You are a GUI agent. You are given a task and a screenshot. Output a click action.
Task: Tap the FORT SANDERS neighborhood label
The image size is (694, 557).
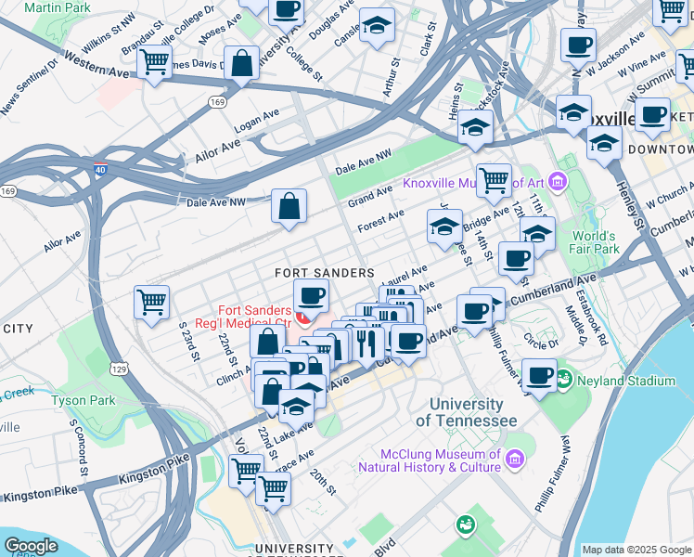[324, 273]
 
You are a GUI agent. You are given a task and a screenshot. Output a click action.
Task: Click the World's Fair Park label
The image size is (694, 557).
[594, 242]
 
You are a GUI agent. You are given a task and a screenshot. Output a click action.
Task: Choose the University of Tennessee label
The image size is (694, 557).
[466, 412]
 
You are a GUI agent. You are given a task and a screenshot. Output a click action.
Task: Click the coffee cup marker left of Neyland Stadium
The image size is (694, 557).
[539, 374]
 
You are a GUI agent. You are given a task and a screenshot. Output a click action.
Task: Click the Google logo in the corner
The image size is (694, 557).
[31, 546]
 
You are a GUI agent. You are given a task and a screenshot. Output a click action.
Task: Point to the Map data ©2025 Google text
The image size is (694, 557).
[636, 550]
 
